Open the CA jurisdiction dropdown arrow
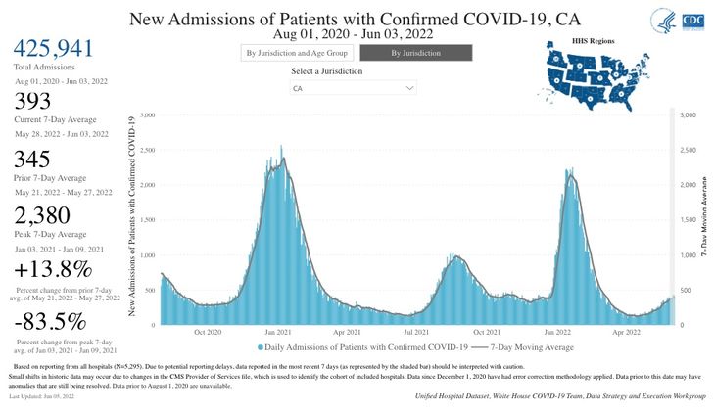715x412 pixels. [x=411, y=89]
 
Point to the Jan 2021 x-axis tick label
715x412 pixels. [x=275, y=333]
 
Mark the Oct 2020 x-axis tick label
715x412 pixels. [x=206, y=333]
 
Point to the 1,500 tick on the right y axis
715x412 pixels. [x=686, y=220]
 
